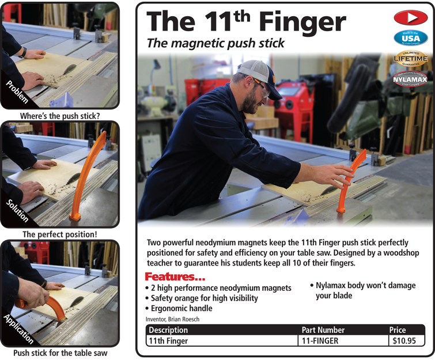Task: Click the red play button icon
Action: [x=410, y=18]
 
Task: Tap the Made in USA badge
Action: [x=410, y=38]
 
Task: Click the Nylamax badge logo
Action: [x=410, y=78]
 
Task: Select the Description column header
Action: [x=168, y=330]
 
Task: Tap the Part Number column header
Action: [x=323, y=330]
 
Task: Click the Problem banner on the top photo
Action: [x=17, y=92]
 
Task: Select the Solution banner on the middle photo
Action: [x=17, y=211]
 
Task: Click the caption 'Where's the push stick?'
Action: [x=60, y=116]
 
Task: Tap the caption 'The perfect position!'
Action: [x=60, y=234]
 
